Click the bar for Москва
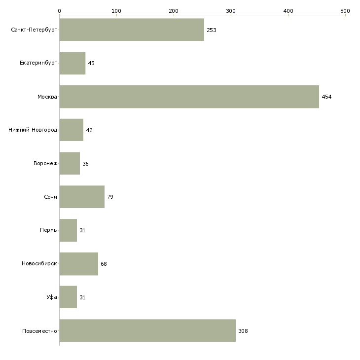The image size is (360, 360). (x=189, y=97)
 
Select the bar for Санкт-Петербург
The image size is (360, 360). (x=132, y=30)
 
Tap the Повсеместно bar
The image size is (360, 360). (x=147, y=330)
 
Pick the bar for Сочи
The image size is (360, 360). (x=82, y=197)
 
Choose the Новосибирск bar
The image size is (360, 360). (x=78, y=264)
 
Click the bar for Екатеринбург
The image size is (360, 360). (x=72, y=63)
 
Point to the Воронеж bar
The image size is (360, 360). (x=70, y=163)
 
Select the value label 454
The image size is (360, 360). (x=326, y=97)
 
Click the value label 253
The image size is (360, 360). (x=212, y=30)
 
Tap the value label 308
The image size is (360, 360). (x=243, y=331)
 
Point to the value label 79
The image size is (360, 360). (x=110, y=197)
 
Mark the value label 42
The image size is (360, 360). (x=89, y=130)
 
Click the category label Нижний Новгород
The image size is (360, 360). (x=33, y=130)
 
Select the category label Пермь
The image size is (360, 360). (x=48, y=230)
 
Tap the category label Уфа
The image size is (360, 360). (x=52, y=297)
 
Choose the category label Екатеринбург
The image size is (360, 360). (x=38, y=63)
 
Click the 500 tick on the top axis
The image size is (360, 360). (x=345, y=10)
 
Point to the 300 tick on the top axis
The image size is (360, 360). (x=231, y=10)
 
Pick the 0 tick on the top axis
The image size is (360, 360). (x=59, y=10)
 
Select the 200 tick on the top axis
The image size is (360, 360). (x=174, y=10)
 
